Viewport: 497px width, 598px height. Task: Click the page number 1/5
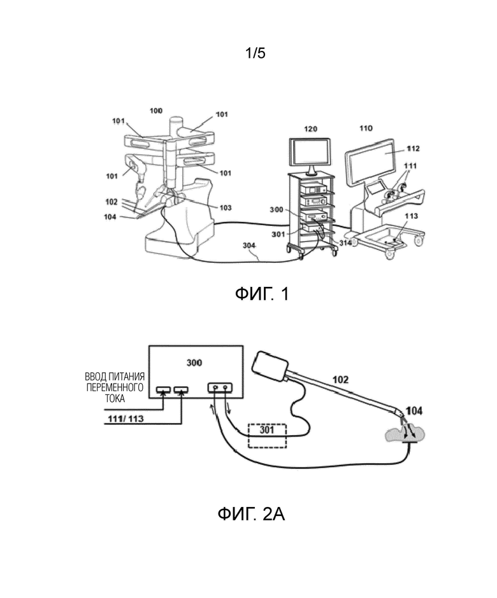(255, 53)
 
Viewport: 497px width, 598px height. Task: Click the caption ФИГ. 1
(262, 294)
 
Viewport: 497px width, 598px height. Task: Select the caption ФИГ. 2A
(251, 514)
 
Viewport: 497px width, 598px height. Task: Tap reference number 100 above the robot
(156, 111)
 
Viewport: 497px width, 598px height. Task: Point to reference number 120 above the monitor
(310, 129)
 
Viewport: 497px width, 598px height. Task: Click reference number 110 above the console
(366, 128)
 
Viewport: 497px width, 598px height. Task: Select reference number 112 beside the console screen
(413, 148)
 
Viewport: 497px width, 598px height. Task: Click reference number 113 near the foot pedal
(411, 216)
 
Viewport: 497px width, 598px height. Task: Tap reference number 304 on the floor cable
(249, 246)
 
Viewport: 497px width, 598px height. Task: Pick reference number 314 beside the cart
(345, 242)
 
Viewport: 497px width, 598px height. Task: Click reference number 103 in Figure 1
(226, 207)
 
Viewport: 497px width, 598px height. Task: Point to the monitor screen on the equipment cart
(310, 152)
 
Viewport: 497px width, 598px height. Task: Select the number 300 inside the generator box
(194, 363)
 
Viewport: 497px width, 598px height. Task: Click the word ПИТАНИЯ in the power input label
(127, 377)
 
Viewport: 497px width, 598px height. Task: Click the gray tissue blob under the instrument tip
(406, 435)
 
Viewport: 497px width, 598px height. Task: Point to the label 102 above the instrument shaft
(340, 379)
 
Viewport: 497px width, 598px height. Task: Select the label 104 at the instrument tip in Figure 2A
(414, 411)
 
